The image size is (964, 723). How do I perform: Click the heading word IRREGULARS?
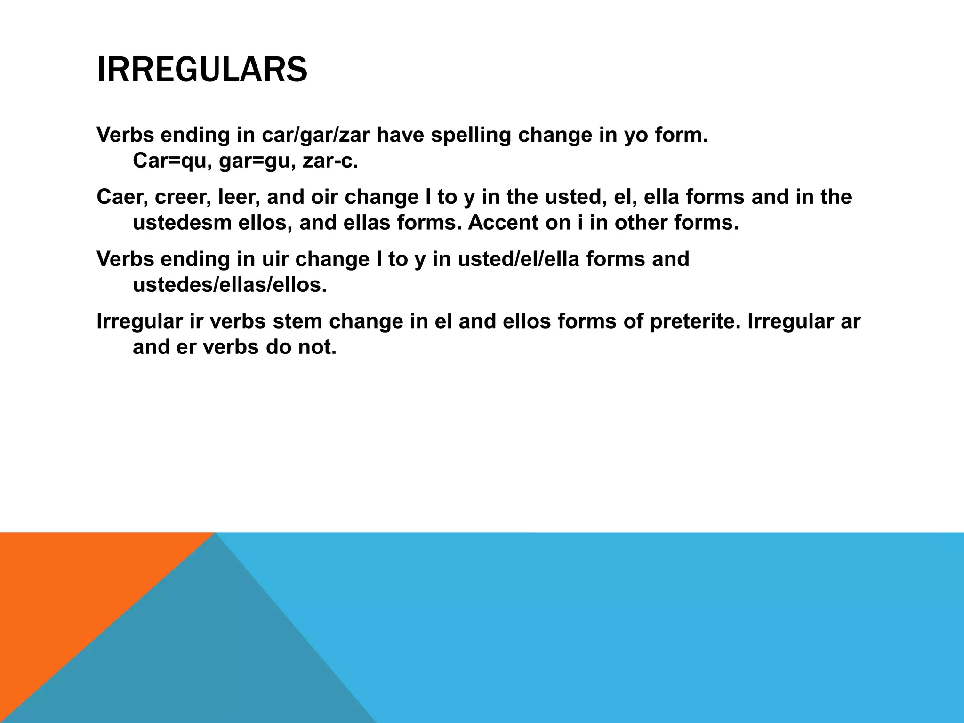(x=202, y=70)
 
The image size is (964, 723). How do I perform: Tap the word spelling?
(x=471, y=135)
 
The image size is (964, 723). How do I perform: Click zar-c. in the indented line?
(x=330, y=161)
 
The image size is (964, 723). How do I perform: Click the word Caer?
(x=122, y=197)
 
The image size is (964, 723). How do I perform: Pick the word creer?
(x=184, y=197)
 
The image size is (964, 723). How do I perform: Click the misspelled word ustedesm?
(x=182, y=223)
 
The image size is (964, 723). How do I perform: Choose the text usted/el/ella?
(x=518, y=259)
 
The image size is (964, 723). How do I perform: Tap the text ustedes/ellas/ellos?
(x=230, y=285)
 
